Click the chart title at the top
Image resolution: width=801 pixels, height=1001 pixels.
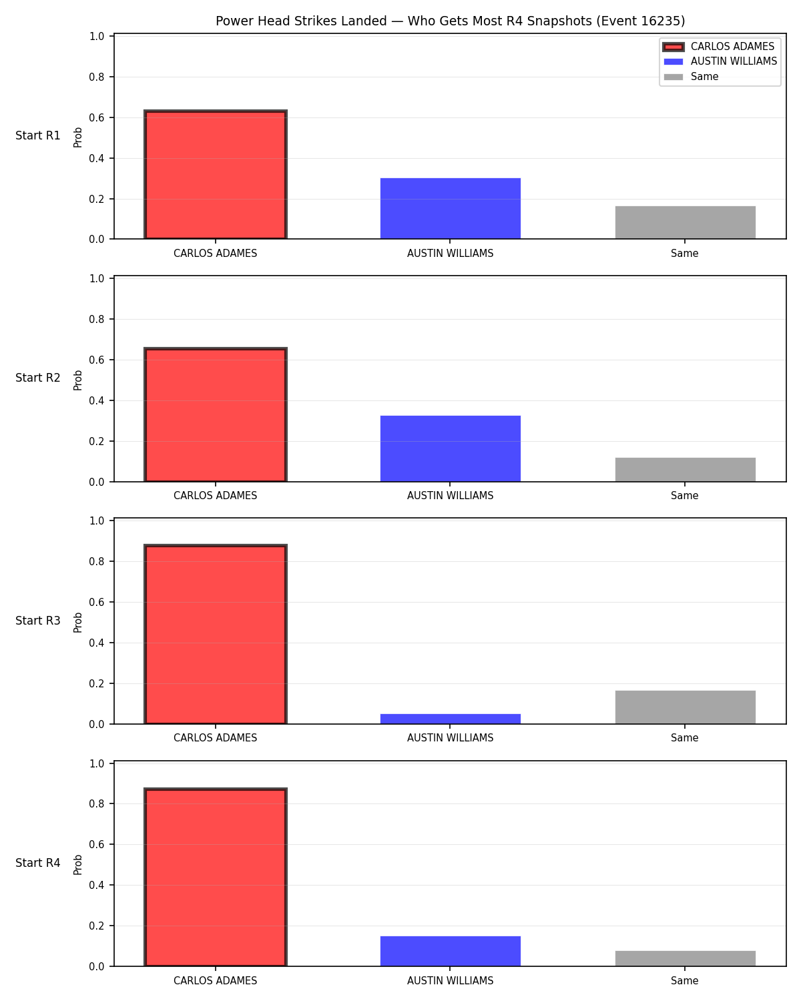[450, 21]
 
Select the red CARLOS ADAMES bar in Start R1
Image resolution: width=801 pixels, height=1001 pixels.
[215, 174]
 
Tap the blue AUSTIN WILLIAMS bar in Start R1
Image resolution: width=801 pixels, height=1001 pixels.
[450, 208]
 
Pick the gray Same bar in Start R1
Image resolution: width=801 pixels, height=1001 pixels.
[685, 222]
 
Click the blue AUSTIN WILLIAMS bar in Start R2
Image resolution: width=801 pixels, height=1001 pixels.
[450, 448]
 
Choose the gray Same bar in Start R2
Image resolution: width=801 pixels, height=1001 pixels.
[685, 469]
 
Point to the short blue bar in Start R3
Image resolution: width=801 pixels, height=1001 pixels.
[450, 719]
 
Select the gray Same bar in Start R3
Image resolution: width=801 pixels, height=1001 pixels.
[685, 707]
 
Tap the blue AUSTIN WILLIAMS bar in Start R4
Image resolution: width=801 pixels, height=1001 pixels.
[450, 951]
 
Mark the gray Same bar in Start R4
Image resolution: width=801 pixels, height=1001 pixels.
[685, 958]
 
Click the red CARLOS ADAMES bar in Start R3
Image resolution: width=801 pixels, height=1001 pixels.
[215, 634]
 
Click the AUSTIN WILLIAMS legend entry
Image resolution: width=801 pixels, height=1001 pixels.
[720, 61]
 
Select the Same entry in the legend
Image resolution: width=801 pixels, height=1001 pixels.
[691, 77]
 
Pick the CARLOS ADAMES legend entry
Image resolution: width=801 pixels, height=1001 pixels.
[719, 47]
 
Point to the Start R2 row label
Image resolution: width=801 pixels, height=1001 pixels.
[37, 378]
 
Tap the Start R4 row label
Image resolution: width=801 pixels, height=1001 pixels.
[37, 863]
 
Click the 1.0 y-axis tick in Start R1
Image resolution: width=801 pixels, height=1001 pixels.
[96, 36]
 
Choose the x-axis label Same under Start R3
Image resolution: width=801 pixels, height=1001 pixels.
[685, 737]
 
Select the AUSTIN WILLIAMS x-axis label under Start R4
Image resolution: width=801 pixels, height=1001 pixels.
[450, 980]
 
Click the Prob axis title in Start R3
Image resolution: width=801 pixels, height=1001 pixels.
[77, 623]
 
